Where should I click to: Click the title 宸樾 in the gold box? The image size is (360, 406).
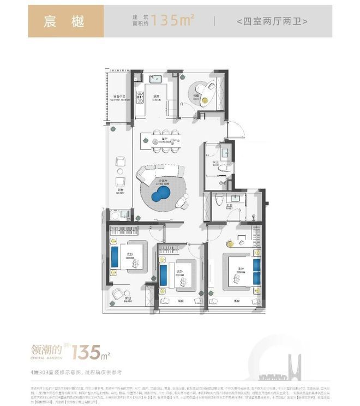click(65, 21)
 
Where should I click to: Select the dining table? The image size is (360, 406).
click(161, 140)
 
